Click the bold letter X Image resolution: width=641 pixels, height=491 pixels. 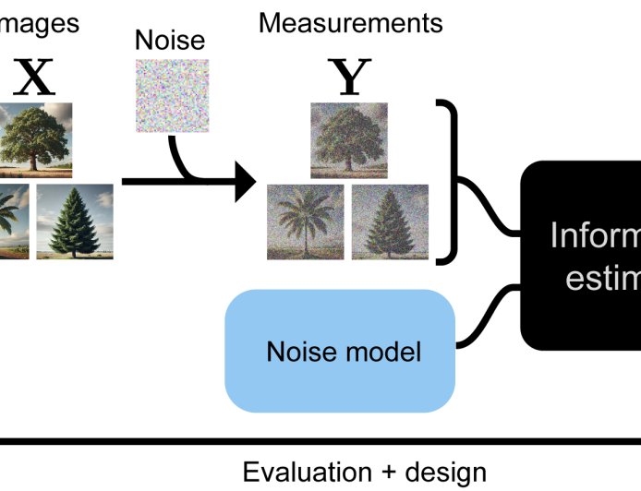click(34, 80)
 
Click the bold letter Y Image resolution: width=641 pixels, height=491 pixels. click(349, 80)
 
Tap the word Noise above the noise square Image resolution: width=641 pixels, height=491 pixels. click(169, 40)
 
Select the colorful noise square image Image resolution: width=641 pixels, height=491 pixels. click(173, 95)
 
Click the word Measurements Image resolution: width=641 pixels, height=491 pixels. click(350, 22)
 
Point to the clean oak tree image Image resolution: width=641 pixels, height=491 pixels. click(35, 139)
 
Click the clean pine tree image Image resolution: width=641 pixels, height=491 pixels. click(74, 222)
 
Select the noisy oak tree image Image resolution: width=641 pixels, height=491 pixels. click(349, 139)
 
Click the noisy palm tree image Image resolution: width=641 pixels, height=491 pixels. click(305, 222)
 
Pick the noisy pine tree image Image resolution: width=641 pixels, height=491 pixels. click(390, 222)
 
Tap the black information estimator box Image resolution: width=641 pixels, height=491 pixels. click(582, 254)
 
